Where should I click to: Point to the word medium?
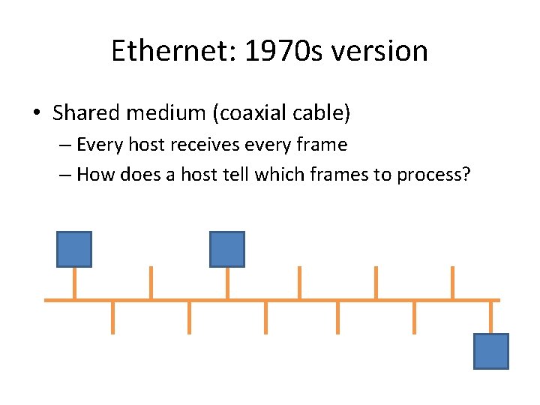tap(168, 113)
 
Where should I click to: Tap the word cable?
tap(322, 113)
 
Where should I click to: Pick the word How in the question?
tap(94, 175)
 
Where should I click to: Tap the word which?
tap(274, 175)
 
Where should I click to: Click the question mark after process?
tap(466, 175)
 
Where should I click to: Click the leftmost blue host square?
tap(74, 249)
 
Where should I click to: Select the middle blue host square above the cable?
tap(226, 249)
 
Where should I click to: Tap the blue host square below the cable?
tap(491, 351)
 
